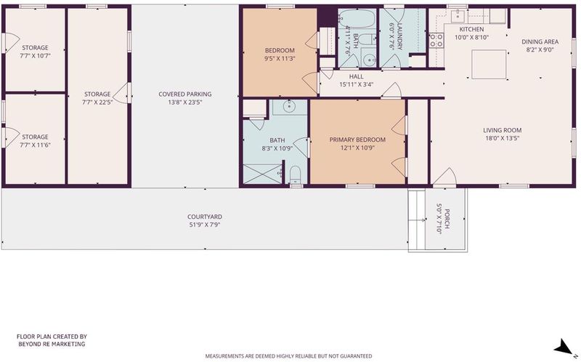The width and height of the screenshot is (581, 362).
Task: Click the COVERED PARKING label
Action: click(x=185, y=94)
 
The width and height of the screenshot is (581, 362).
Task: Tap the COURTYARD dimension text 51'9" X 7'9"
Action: click(x=205, y=225)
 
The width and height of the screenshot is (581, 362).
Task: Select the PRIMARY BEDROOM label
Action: click(x=357, y=140)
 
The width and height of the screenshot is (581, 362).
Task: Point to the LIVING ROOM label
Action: click(x=502, y=130)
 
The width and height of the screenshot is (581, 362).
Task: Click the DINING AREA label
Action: click(x=540, y=41)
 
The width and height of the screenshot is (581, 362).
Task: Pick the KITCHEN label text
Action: click(x=471, y=29)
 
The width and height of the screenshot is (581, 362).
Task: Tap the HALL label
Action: click(x=356, y=76)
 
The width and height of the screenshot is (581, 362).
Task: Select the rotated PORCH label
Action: click(x=447, y=219)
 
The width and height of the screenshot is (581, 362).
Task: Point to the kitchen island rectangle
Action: click(x=489, y=64)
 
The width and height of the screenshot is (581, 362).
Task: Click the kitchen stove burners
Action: click(x=436, y=41)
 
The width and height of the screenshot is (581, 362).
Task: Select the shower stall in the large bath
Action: click(x=263, y=174)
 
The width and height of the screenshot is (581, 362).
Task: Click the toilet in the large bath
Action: click(x=295, y=174)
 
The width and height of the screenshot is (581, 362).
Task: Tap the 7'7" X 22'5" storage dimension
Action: click(x=97, y=102)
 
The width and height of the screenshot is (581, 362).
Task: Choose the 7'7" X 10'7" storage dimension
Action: click(x=35, y=56)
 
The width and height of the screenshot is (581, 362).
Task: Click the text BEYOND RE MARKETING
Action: click(x=52, y=344)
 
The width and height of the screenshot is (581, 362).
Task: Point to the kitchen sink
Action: click(x=458, y=15)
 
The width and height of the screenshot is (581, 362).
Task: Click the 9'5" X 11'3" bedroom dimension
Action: click(x=280, y=58)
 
